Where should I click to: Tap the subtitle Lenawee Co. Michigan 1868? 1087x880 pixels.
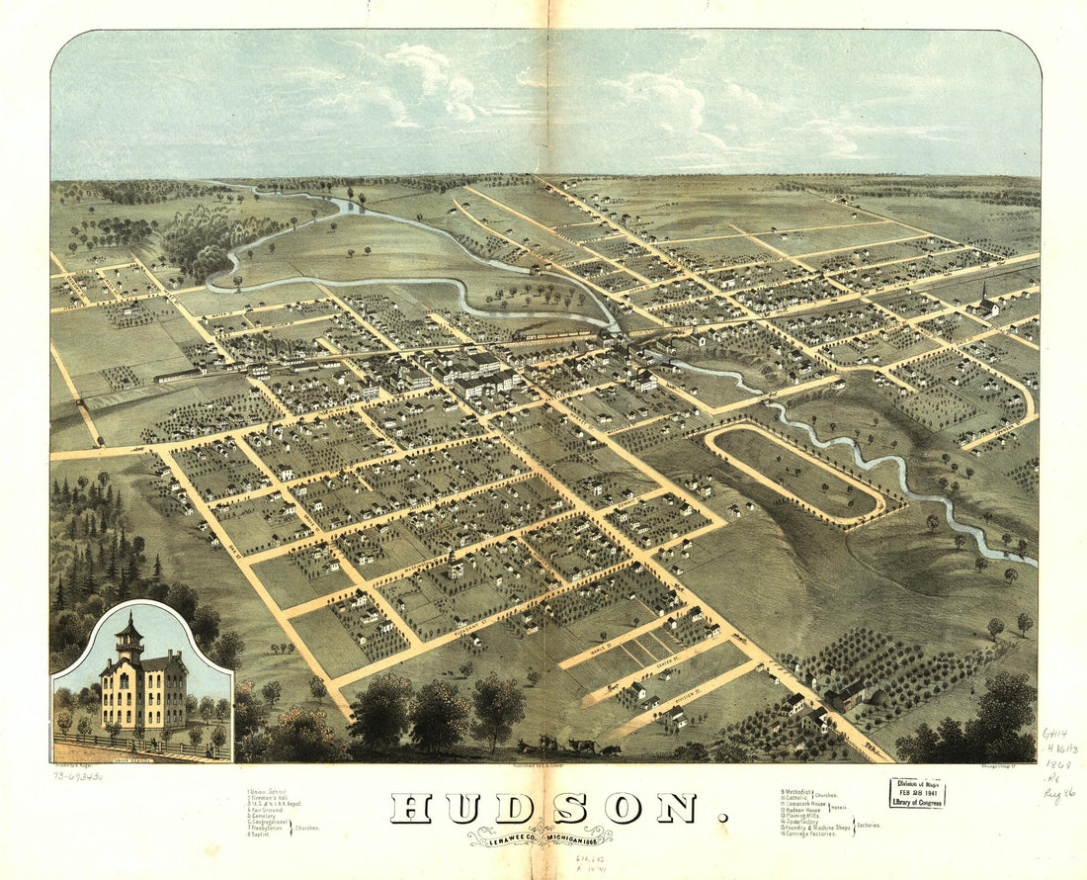pos(540,836)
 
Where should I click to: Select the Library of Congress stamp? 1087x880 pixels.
pos(916,793)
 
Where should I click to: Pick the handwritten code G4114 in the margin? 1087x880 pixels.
pos(1054,734)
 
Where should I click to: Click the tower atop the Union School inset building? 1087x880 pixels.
pos(129,638)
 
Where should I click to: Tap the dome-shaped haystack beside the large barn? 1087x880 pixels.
pos(876,695)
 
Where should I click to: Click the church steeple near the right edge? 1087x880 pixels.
pos(985,293)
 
